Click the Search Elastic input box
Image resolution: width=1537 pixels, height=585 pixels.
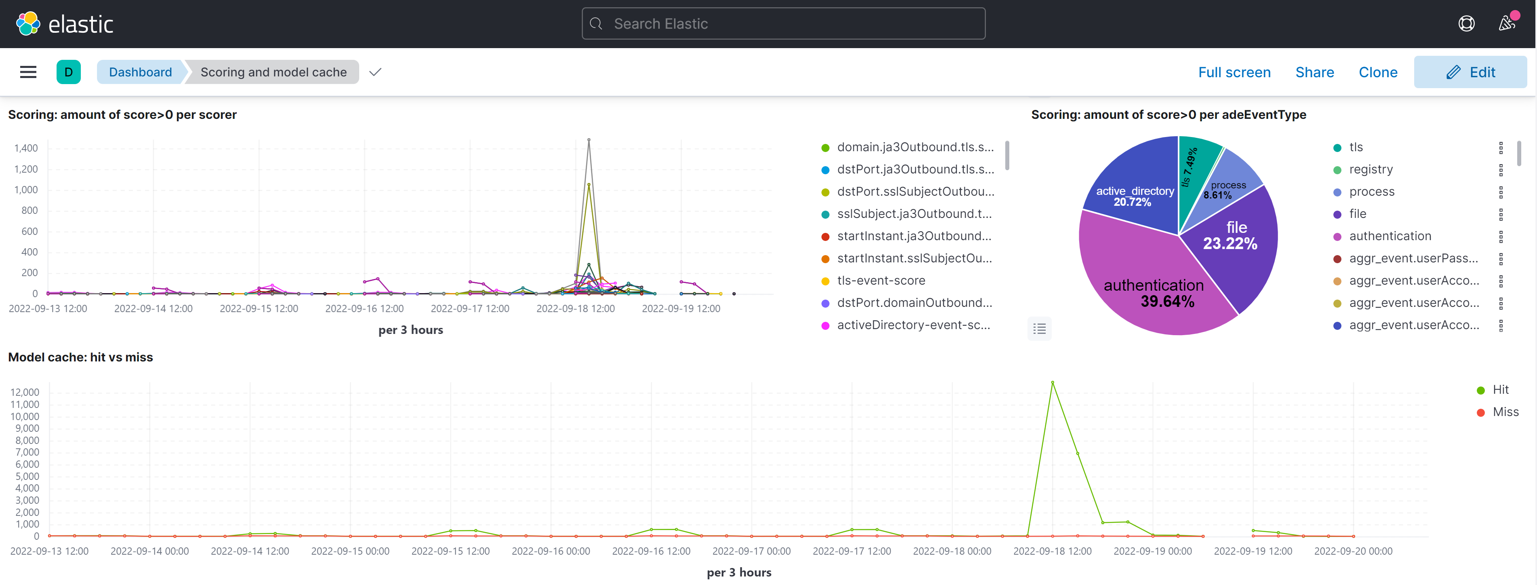click(783, 24)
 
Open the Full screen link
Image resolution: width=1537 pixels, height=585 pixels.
click(1234, 72)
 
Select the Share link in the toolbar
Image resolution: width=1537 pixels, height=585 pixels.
click(1314, 72)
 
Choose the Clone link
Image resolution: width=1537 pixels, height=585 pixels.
click(1378, 72)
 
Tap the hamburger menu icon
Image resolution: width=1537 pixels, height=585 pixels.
click(28, 72)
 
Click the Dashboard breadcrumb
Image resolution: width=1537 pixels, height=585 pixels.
click(140, 72)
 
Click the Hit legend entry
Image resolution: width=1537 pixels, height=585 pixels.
click(1500, 390)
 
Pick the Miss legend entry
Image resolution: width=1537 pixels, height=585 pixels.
click(1505, 412)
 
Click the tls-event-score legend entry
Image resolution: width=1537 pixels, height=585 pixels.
click(881, 281)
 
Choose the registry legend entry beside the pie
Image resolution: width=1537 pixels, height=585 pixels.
click(1371, 169)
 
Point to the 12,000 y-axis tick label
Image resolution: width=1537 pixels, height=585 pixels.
click(25, 392)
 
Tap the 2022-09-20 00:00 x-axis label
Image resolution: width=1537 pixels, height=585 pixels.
click(1353, 551)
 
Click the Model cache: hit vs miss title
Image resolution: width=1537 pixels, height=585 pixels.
click(80, 357)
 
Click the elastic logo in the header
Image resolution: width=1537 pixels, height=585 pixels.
click(64, 24)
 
